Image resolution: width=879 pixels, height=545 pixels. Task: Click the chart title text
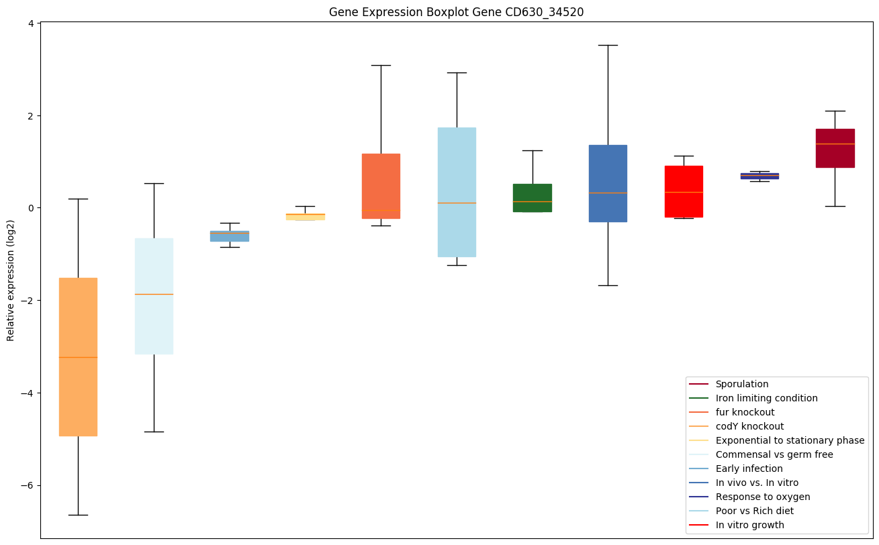tap(451, 12)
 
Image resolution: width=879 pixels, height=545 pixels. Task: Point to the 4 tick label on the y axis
tap(31, 23)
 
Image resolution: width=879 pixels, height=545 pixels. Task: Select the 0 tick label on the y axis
tap(31, 208)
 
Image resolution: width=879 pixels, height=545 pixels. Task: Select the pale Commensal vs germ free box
tap(154, 336)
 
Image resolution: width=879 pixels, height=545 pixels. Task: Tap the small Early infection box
tap(230, 236)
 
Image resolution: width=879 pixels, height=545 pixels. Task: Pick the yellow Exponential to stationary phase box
tap(306, 217)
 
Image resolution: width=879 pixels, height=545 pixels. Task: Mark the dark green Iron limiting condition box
tap(533, 198)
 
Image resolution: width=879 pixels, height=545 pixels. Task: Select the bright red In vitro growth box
tap(684, 191)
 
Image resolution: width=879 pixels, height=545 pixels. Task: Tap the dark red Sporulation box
tap(835, 148)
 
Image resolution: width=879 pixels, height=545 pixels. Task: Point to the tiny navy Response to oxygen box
tap(759, 176)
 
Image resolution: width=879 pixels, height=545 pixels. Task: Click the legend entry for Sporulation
tap(741, 385)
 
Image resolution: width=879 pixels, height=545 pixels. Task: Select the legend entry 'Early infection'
tap(749, 469)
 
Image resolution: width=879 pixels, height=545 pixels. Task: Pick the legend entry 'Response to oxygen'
tap(762, 497)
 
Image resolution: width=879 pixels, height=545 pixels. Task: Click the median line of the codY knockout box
tap(78, 357)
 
